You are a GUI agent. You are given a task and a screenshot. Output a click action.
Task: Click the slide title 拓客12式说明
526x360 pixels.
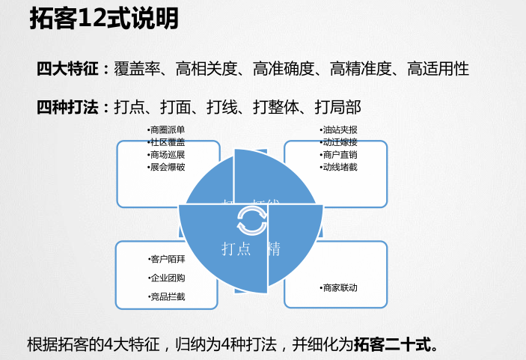tap(104, 19)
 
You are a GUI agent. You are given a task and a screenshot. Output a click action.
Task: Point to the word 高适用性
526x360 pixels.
tap(438, 70)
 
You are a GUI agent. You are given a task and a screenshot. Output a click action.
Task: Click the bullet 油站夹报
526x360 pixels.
tap(338, 129)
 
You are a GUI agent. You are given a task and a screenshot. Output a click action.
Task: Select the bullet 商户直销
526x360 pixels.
tap(338, 155)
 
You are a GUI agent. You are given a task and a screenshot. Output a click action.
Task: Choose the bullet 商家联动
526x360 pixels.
tap(338, 288)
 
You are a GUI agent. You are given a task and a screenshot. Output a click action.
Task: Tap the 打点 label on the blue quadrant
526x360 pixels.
tap(236, 249)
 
